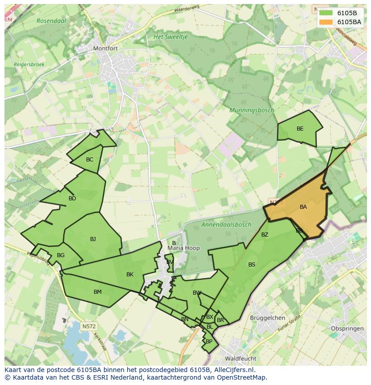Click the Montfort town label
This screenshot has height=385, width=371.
coord(105,48)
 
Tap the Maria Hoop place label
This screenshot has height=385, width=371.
coord(184,248)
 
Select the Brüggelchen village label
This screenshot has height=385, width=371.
coord(268,318)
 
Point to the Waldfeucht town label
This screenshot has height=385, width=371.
coord(241,359)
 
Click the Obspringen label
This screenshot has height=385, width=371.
coord(346,329)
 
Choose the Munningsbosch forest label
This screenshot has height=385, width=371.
coord(251,110)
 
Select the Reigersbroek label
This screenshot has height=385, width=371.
coord(29,64)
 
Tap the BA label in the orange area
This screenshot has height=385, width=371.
coord(303,207)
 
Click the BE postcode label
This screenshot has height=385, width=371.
coord(300,129)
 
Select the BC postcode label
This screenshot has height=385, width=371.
coord(90,160)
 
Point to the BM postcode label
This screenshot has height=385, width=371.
coord(98,292)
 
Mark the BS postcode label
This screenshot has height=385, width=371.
coord(252,265)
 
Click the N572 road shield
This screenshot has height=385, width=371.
coord(89,326)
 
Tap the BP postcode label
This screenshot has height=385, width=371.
coord(209,342)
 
